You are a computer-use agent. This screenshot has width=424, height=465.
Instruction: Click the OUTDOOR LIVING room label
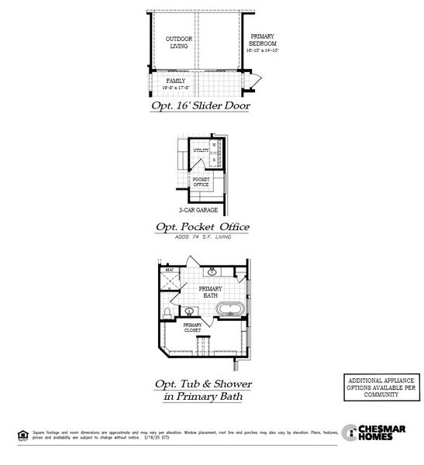coord(179,42)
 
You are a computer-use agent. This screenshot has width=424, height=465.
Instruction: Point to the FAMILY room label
coord(177,80)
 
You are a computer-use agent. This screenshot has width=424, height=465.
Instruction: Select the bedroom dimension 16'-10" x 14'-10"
coord(262,50)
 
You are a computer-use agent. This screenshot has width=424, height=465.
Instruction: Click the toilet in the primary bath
coord(167,313)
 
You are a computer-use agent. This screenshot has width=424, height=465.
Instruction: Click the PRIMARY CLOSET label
coord(191,328)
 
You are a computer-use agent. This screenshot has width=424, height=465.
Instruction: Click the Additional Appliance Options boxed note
coord(380,387)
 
